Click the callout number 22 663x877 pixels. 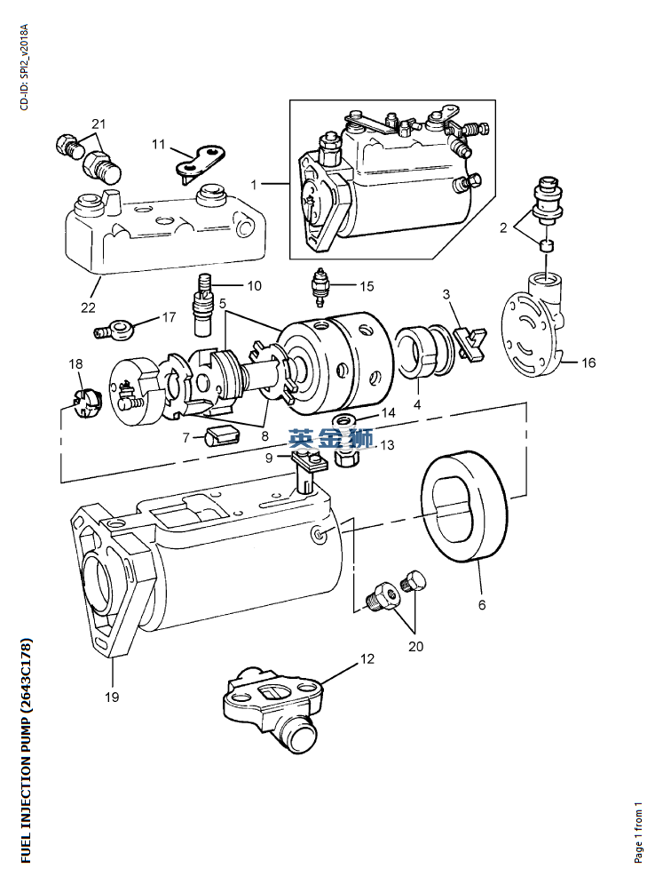pyautogui.click(x=88, y=307)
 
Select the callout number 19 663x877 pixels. pyautogui.click(x=112, y=697)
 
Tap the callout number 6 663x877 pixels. pyautogui.click(x=482, y=604)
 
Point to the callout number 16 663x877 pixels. pyautogui.click(x=588, y=363)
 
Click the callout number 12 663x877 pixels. pyautogui.click(x=367, y=659)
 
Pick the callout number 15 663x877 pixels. pyautogui.click(x=367, y=286)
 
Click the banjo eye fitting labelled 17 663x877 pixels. pyautogui.click(x=111, y=328)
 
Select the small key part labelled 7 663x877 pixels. pyautogui.click(x=221, y=435)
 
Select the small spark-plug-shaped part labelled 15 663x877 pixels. pyautogui.click(x=321, y=286)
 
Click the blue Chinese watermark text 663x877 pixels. pyautogui.click(x=330, y=439)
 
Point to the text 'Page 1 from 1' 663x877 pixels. pyautogui.click(x=638, y=833)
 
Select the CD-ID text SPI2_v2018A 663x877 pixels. pyautogui.click(x=24, y=50)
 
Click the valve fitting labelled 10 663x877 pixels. pyautogui.click(x=203, y=306)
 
